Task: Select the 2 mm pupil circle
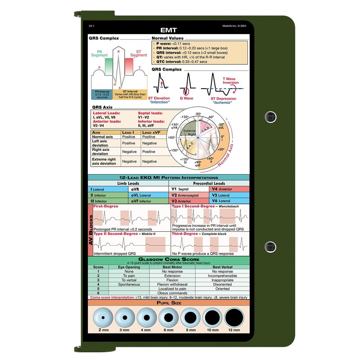[103, 319]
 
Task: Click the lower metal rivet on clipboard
[270, 246]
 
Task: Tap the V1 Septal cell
[183, 189]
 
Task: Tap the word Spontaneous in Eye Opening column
[129, 284]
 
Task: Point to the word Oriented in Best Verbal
[222, 289]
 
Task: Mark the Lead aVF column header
[153, 133]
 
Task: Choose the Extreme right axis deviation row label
[104, 161]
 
